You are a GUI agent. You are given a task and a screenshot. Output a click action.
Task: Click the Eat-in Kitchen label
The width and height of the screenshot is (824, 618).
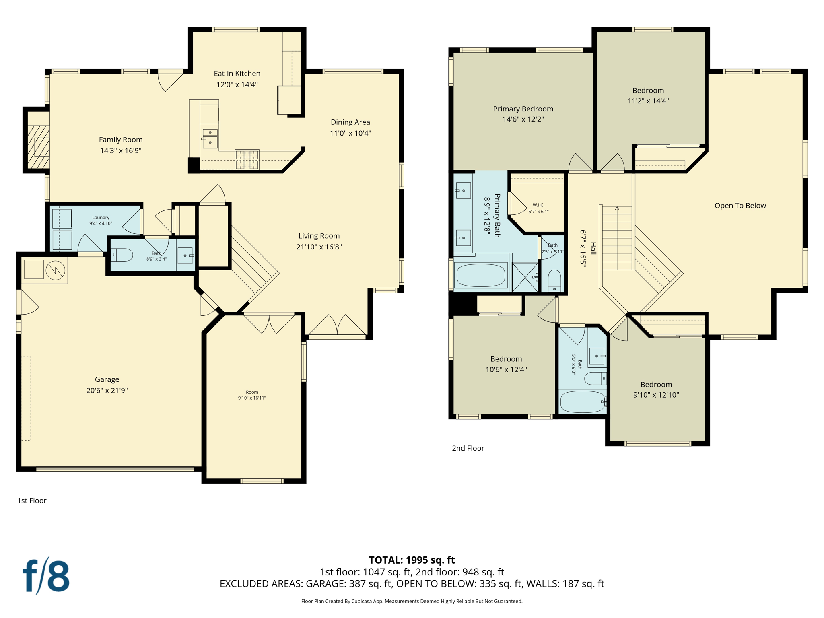pos(237,74)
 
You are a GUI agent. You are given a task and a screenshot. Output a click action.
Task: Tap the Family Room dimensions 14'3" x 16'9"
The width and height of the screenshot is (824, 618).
pos(121,151)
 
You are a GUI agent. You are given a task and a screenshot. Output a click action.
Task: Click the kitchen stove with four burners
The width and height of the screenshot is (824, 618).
pos(247,159)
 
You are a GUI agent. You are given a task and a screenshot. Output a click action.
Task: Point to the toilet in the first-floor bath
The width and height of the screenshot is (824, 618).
pos(122,255)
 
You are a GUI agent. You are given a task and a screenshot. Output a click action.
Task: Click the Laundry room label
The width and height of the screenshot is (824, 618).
pos(101,218)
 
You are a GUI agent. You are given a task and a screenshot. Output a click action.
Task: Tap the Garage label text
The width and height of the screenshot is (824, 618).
pos(107,379)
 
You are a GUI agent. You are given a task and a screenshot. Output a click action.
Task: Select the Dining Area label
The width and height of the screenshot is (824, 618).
pos(350,122)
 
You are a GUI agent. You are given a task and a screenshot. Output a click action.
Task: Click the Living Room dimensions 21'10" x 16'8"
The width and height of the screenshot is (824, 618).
pos(319,247)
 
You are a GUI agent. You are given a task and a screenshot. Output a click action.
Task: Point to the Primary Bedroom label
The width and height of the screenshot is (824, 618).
pos(523,109)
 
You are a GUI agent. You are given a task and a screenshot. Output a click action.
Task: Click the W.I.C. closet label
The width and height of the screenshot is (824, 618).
pos(538,205)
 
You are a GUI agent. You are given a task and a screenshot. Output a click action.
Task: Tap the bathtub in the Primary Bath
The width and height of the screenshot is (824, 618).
pos(480,275)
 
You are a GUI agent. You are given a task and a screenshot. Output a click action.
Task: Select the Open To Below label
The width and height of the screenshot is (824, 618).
pos(740,206)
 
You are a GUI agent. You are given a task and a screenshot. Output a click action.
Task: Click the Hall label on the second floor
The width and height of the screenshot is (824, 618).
pos(593,248)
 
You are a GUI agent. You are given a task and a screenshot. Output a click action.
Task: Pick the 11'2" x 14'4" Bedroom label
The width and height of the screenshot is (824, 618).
pos(648,91)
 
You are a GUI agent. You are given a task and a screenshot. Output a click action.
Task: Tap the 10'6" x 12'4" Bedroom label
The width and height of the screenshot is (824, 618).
pos(506,359)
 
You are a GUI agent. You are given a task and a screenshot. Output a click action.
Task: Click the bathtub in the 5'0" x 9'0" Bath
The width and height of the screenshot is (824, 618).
pos(582,402)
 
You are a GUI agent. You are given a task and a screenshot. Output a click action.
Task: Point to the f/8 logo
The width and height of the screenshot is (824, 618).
pos(46,576)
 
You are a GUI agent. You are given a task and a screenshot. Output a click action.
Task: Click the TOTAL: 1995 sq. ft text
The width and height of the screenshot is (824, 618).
pos(412,560)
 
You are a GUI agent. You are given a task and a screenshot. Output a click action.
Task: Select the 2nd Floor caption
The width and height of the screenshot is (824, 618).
pos(468,448)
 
